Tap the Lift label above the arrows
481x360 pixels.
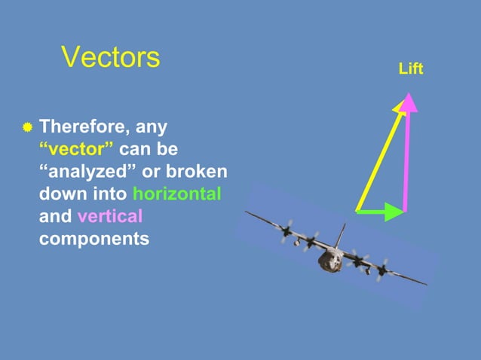click(x=410, y=69)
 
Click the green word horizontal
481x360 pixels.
click(x=176, y=194)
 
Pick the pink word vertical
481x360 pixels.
click(x=109, y=217)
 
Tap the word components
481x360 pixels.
click(x=93, y=239)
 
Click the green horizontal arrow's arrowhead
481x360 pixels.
click(x=394, y=212)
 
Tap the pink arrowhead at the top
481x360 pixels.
click(x=409, y=102)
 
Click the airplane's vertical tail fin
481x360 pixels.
click(x=340, y=235)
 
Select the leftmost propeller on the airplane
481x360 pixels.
click(x=286, y=231)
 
